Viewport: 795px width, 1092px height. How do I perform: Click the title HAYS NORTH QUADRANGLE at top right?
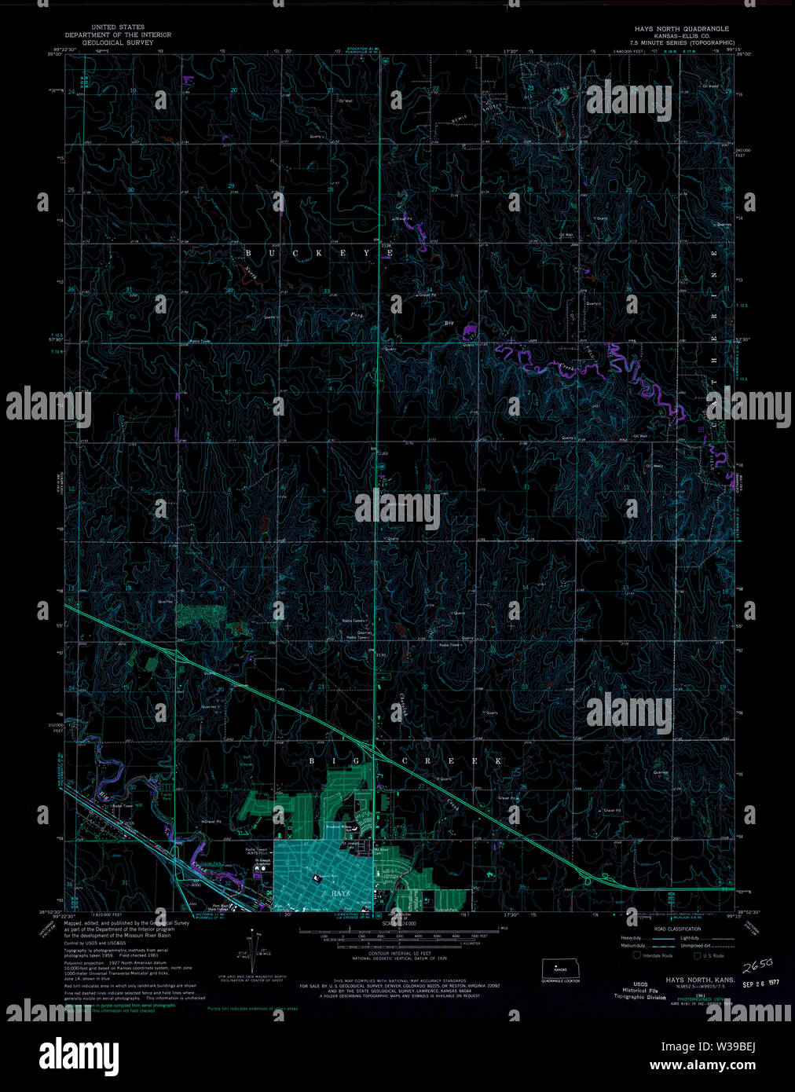click(682, 29)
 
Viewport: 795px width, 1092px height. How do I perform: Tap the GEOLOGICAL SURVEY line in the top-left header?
click(118, 43)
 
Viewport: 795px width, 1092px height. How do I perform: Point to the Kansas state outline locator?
click(560, 968)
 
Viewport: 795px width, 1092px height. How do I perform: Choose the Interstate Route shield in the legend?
click(638, 955)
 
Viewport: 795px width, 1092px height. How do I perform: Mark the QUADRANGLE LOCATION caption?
click(560, 981)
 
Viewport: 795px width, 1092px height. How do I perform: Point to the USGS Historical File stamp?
click(632, 991)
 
